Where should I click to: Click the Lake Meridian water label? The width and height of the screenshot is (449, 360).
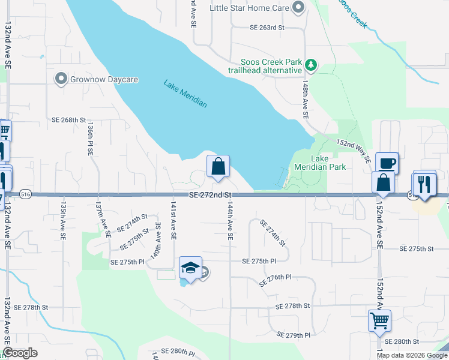pos(185,94)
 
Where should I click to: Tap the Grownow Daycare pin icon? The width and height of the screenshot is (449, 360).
pos(60,79)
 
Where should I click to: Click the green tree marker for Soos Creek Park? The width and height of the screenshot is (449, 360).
pos(310,64)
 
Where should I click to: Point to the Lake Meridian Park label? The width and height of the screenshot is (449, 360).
pos(320,163)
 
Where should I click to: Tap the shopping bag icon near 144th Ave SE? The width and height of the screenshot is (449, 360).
pos(218,167)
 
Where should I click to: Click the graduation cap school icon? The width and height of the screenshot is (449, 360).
pos(190,268)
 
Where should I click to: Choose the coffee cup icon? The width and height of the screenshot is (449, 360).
pos(387,162)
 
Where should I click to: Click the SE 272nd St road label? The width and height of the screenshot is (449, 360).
pos(210,196)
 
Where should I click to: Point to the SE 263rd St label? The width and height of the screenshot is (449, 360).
pos(267,28)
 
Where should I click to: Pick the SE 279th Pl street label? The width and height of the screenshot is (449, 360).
pos(294,334)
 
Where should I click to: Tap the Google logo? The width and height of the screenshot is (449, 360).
pos(20,353)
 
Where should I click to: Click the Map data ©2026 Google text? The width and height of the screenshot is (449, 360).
pos(412,355)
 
